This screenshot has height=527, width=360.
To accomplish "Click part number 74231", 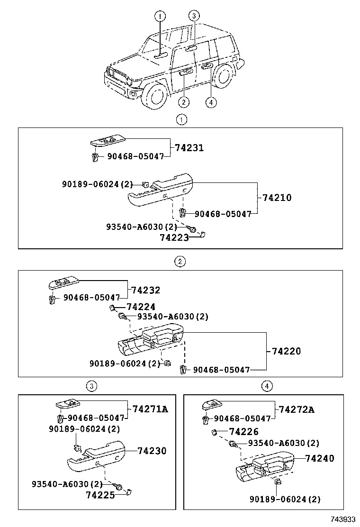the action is pyautogui.click(x=189, y=147).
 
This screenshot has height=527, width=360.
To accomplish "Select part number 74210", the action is pyautogui.click(x=277, y=197).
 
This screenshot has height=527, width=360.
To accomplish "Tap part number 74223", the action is pyautogui.click(x=174, y=237).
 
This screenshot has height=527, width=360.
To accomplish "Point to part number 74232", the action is pyautogui.click(x=145, y=290).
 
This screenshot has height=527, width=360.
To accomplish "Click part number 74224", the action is pyautogui.click(x=141, y=307).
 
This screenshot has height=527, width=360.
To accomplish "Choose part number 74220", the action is pyautogui.click(x=286, y=351).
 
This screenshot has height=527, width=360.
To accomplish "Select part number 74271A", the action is pyautogui.click(x=150, y=409).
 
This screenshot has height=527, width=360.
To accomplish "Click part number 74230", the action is pyautogui.click(x=152, y=451).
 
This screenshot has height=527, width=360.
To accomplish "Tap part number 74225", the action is pyautogui.click(x=100, y=495).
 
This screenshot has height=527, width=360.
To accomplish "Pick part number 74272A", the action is pyautogui.click(x=297, y=409).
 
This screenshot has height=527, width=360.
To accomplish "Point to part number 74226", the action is pyautogui.click(x=244, y=432).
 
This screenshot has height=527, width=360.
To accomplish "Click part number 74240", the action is pyautogui.click(x=320, y=458).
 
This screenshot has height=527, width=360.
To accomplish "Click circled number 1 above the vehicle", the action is pyautogui.click(x=160, y=16).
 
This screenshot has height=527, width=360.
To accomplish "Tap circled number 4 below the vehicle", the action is pyautogui.click(x=211, y=102).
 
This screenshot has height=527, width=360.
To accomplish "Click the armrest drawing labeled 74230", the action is pyautogui.click(x=96, y=456).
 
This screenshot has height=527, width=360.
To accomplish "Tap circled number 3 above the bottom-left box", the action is pyautogui.click(x=92, y=386).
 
